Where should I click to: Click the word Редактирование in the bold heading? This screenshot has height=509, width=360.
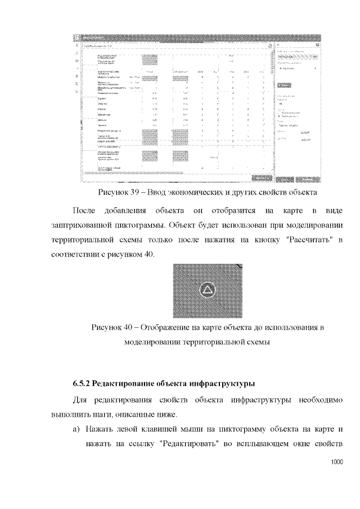[120, 384]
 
